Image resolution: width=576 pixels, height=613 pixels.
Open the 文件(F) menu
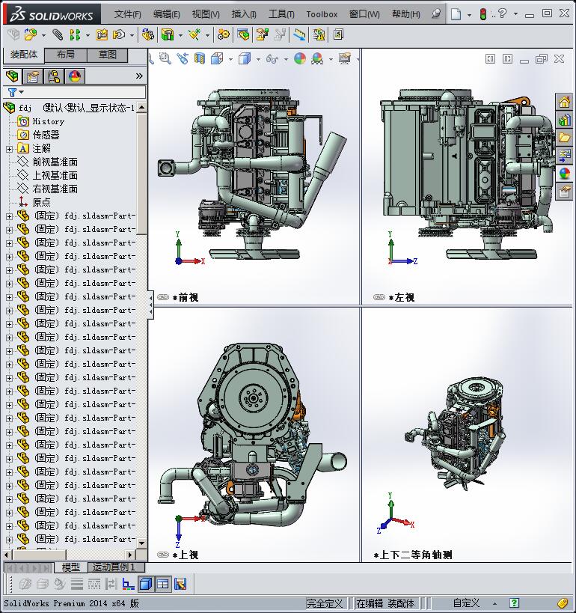(x=127, y=14)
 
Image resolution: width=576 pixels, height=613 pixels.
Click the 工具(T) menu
(x=281, y=14)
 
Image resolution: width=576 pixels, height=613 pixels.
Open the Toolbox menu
(x=322, y=14)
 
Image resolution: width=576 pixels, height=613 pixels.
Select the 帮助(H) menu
(x=405, y=14)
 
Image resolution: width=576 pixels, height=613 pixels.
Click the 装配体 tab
(x=24, y=55)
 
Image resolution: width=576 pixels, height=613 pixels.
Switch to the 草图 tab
(x=108, y=55)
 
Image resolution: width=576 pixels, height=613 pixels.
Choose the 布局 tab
(x=66, y=55)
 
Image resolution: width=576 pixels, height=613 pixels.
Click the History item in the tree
(x=48, y=121)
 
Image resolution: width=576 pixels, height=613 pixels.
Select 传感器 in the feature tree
(x=46, y=135)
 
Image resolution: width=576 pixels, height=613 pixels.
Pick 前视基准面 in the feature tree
(x=55, y=162)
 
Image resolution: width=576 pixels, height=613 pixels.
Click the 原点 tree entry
(x=41, y=202)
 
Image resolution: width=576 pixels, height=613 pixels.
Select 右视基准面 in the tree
(x=55, y=189)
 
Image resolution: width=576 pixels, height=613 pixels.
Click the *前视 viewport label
(x=185, y=297)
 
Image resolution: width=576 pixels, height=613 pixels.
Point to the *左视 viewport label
(x=401, y=297)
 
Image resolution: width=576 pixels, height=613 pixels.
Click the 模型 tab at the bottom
(x=71, y=567)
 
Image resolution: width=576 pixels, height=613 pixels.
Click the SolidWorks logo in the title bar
(x=51, y=14)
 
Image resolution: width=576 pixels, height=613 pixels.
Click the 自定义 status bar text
(x=466, y=603)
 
